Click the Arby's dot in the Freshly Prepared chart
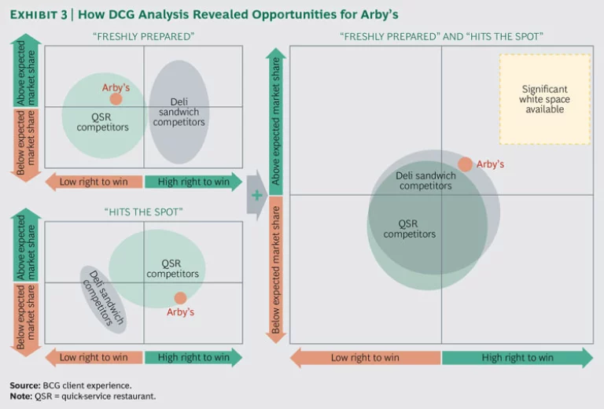coord(116,99)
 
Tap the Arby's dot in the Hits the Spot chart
coord(180,298)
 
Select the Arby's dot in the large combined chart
coord(466,164)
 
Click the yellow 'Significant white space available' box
coord(545,99)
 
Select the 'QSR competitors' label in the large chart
coord(409,228)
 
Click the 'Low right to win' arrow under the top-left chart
coord(94,182)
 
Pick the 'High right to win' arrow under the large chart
coord(517,358)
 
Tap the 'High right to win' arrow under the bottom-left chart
coord(193,357)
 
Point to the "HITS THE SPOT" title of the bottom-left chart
coord(143,212)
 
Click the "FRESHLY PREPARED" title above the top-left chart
coord(143,37)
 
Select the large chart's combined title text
coord(441,37)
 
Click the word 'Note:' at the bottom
coord(22,396)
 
